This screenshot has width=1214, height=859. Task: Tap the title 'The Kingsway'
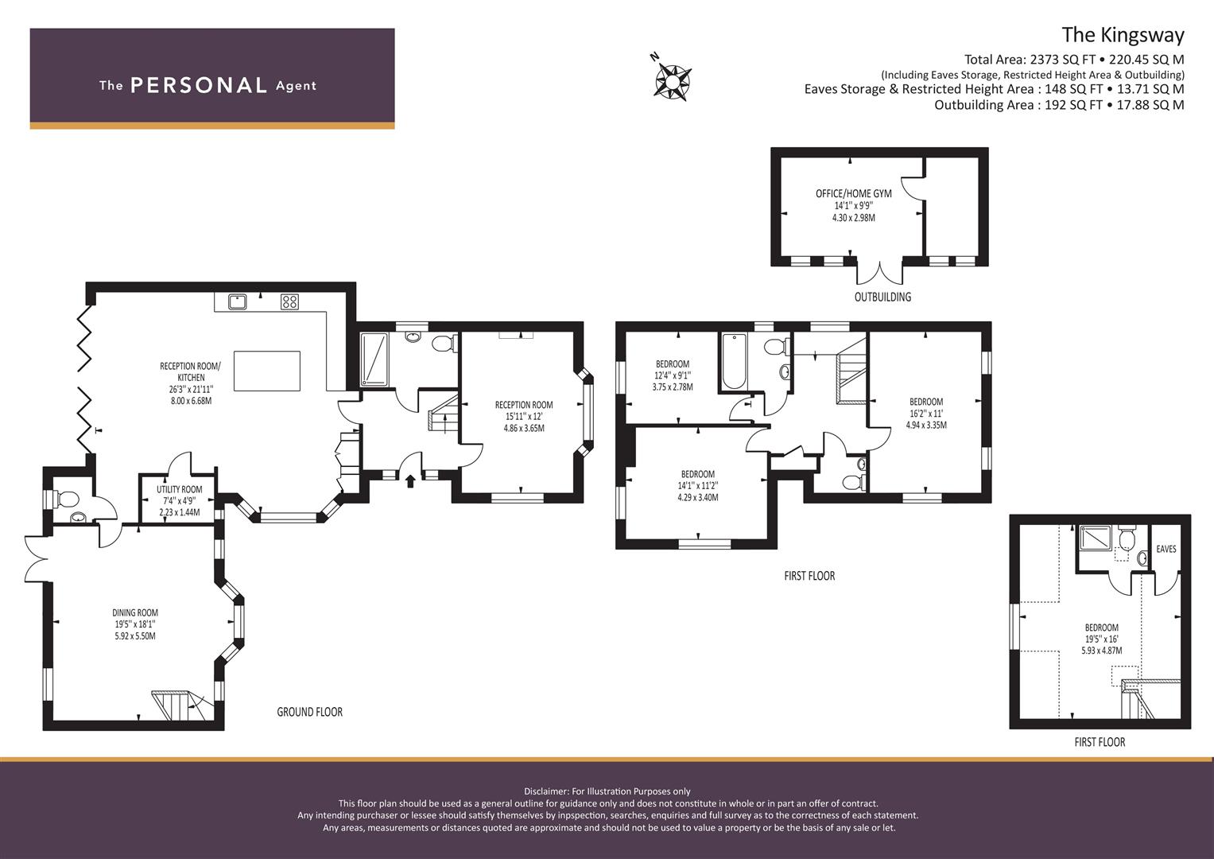pos(1123,35)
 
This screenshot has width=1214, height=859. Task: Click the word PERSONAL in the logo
pos(199,85)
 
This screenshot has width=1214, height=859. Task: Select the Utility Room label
pos(180,489)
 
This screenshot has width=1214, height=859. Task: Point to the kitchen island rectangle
pos(267,371)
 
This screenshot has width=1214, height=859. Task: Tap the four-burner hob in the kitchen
pos(290,301)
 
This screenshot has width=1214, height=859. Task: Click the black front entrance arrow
pos(410,481)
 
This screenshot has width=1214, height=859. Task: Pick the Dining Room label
pos(135,612)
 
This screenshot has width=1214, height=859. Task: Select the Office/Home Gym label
pos(854,193)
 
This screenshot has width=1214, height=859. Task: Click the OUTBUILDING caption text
pos(882,297)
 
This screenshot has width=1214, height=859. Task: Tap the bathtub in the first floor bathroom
pos(734,362)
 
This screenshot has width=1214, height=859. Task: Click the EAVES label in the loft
pos(1166,549)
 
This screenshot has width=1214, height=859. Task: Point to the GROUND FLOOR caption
pos(310,712)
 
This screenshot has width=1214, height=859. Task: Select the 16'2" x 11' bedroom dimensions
pos(926,414)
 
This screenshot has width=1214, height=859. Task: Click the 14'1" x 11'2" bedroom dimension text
pos(698,485)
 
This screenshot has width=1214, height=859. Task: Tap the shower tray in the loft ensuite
pos(1096,538)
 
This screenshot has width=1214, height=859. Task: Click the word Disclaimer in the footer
pos(545,791)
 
